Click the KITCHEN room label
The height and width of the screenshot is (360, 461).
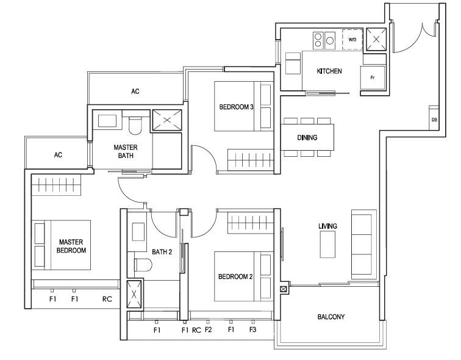329,71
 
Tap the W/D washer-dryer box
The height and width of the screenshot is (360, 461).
352,40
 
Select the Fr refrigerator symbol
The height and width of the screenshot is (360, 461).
373,77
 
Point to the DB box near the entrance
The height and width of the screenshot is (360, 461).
434,118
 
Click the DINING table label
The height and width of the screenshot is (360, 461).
307,137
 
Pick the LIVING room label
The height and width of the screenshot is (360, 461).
328,226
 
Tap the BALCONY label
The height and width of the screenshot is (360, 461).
331,317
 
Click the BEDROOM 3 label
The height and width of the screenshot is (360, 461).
237,107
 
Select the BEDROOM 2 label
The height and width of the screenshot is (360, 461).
235,276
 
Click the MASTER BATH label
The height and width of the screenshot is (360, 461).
126,151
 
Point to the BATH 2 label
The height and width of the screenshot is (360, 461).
162,252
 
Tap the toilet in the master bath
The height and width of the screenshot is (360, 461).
135,126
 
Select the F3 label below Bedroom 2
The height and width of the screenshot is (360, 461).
253,329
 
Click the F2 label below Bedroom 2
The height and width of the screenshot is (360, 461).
208,329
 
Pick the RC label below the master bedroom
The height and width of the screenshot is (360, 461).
107,299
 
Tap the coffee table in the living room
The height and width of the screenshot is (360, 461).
327,245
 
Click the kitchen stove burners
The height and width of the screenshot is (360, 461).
324,40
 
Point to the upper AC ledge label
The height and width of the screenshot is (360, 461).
135,92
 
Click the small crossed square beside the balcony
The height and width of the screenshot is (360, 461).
283,289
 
